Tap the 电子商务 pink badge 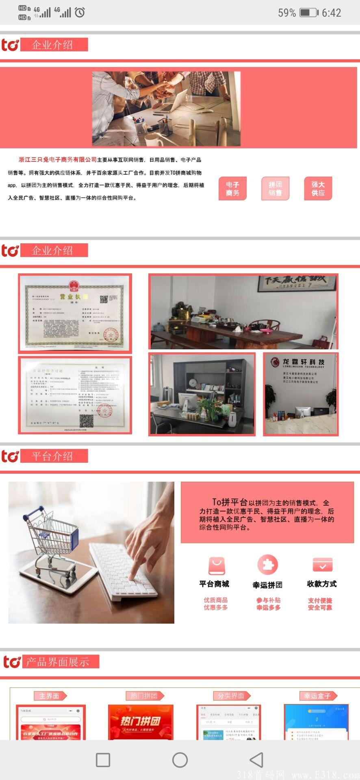[232, 189]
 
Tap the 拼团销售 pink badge [275, 189]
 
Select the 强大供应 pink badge [318, 189]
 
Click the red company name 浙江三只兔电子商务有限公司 [58, 160]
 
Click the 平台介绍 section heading [52, 456]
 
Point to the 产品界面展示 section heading [57, 662]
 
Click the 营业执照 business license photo [75, 313]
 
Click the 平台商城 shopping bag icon [216, 566]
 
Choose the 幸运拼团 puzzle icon [267, 565]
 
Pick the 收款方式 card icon [322, 565]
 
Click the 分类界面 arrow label [231, 696]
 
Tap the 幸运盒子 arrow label [318, 696]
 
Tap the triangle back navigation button [256, 760]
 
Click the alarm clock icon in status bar [80, 12]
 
